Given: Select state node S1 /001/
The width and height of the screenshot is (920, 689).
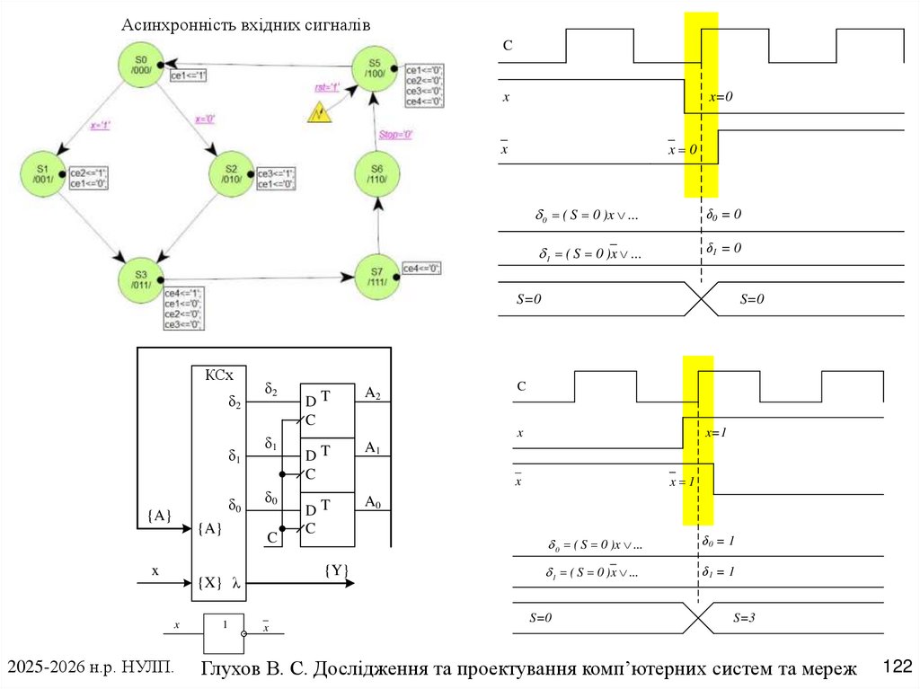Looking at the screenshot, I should pos(41,173).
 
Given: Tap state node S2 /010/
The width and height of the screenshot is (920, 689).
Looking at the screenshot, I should pos(231,173).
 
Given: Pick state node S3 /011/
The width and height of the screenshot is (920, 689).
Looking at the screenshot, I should pos(141,279).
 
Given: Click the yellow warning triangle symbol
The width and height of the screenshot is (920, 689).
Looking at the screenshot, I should pos(319,113).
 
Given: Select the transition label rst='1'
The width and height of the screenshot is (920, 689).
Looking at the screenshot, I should pos(327,87).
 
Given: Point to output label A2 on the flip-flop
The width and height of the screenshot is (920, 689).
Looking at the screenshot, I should pos(372,393).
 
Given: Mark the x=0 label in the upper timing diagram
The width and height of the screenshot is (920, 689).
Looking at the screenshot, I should pos(721,96).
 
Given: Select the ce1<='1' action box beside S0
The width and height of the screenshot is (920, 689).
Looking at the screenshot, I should pos(190,76).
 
